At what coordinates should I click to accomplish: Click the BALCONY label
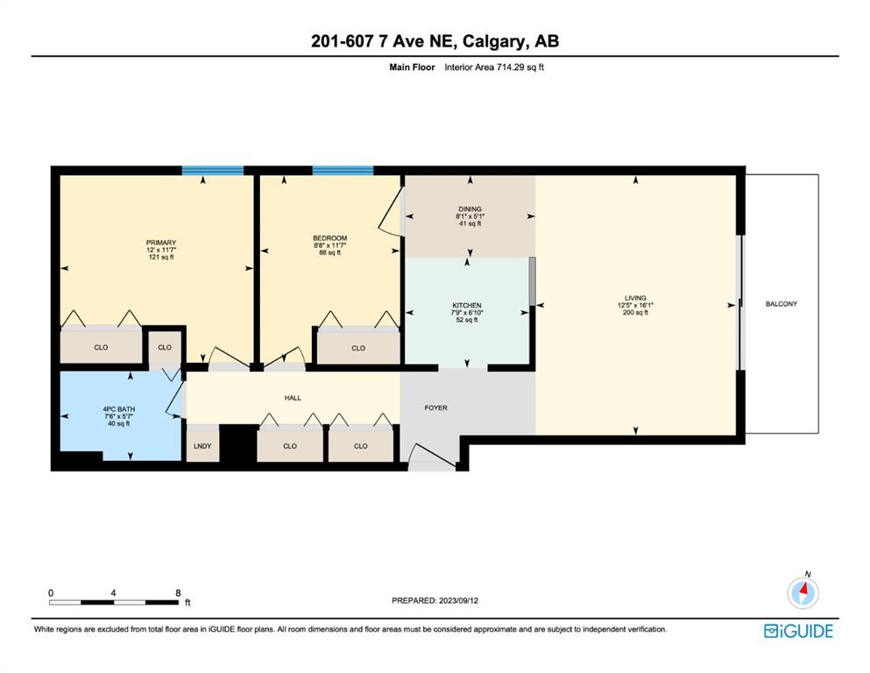click(782, 304)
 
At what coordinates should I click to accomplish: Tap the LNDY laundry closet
click(202, 444)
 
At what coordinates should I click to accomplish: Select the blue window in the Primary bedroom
click(213, 170)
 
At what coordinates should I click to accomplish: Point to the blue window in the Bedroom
click(343, 170)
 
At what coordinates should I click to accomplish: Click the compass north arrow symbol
click(803, 592)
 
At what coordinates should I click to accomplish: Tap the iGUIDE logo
click(798, 631)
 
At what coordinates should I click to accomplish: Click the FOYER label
click(436, 407)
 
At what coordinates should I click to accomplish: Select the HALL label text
click(293, 398)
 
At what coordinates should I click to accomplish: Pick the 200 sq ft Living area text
click(635, 312)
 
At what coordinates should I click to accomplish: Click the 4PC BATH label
click(119, 409)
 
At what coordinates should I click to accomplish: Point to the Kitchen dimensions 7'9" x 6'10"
click(467, 312)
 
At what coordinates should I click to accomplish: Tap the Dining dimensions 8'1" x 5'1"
click(470, 216)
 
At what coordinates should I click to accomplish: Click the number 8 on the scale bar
click(178, 592)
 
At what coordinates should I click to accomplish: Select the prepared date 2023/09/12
click(458, 600)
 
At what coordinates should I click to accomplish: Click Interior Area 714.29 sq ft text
click(494, 67)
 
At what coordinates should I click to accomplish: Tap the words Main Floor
click(413, 67)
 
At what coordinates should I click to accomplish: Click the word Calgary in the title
click(492, 41)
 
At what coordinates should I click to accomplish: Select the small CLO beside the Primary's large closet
click(165, 347)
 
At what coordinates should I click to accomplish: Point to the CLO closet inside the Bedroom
click(358, 348)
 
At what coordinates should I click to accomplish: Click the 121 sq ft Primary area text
click(161, 257)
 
